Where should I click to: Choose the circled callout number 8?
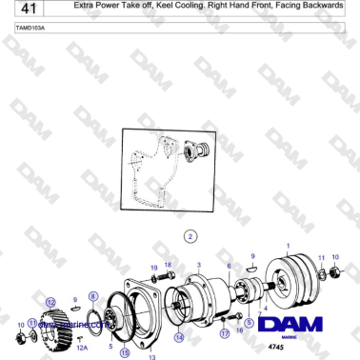coord(92,297)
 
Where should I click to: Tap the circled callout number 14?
coord(178,336)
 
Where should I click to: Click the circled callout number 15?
coord(125,351)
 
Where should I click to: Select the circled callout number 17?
coord(225,334)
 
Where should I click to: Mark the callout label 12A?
coord(81,349)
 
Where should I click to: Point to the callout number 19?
coord(153,268)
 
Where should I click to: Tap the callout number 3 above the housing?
coord(198,263)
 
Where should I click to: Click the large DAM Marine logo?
coord(292,324)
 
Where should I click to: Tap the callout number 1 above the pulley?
coord(289,244)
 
